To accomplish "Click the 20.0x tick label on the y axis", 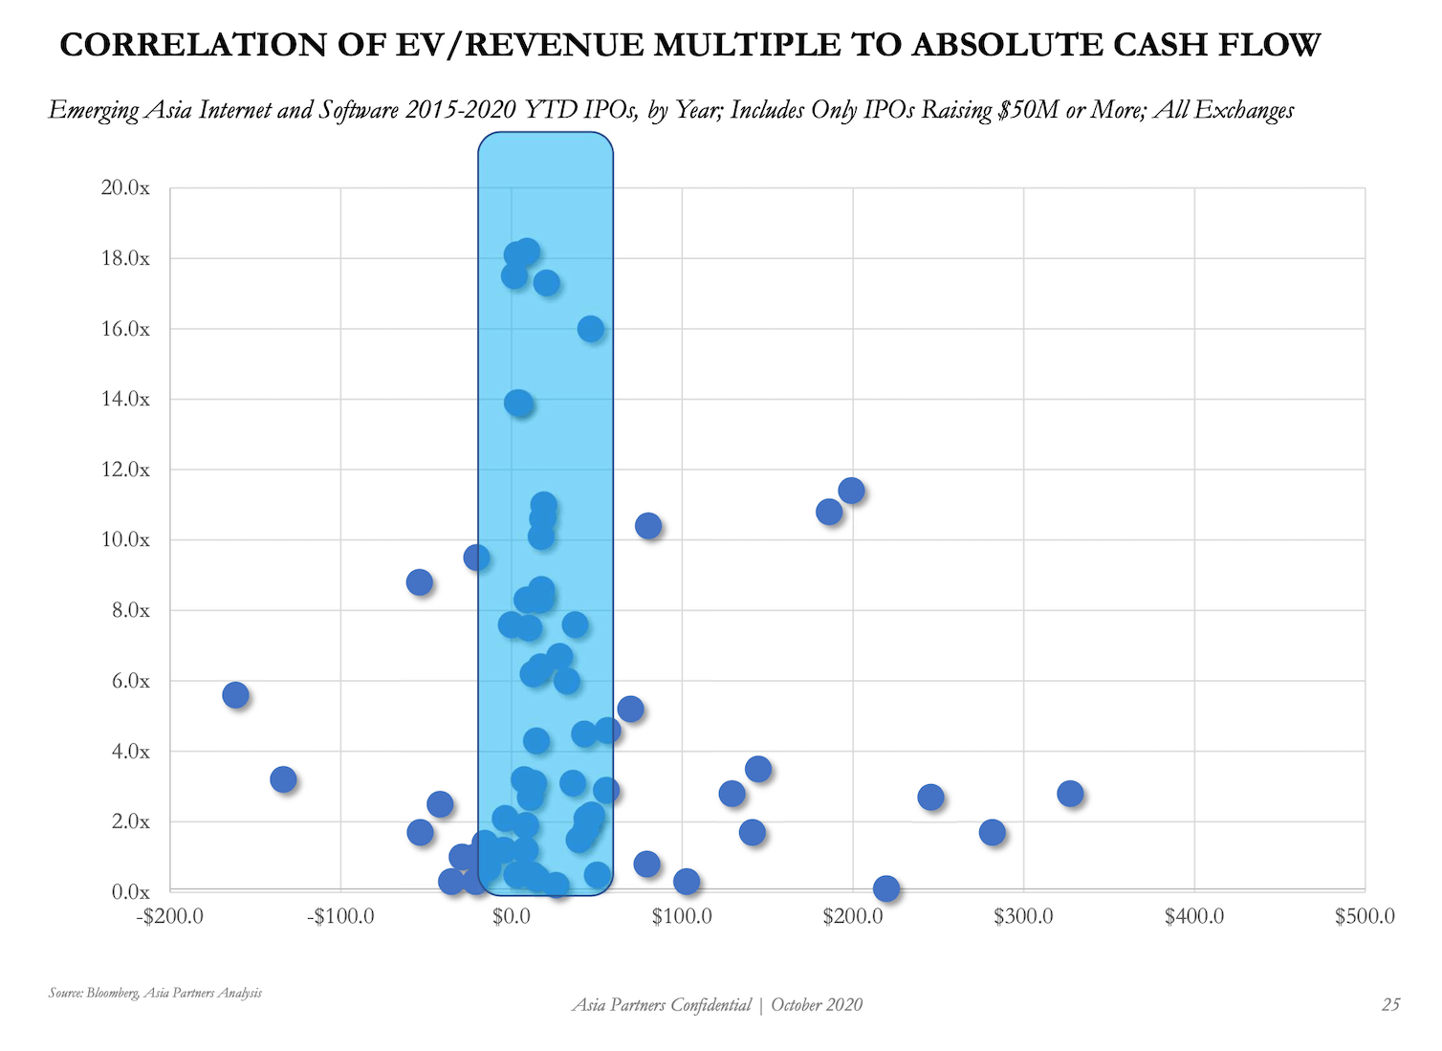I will (x=125, y=188).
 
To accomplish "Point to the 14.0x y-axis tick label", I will (x=125, y=400).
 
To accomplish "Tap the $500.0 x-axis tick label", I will (x=1365, y=916).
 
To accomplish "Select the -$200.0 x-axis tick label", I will (x=169, y=916).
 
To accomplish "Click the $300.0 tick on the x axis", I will (x=1023, y=916).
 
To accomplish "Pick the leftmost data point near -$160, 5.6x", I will (x=235, y=695).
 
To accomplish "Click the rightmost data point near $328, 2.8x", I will (x=1070, y=794).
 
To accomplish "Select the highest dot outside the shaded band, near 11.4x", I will (x=851, y=491).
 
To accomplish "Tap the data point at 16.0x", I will (x=591, y=329).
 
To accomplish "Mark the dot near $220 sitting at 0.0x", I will (x=886, y=888).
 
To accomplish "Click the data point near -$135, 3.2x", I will (x=283, y=779).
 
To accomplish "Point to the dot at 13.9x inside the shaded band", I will (x=518, y=403).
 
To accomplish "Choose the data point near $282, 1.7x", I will (x=993, y=832).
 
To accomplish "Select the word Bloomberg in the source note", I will (x=113, y=993).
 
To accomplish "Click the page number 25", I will (x=1390, y=1004).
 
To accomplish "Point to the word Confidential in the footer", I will (x=710, y=1004).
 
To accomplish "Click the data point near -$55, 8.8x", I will (x=419, y=582).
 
